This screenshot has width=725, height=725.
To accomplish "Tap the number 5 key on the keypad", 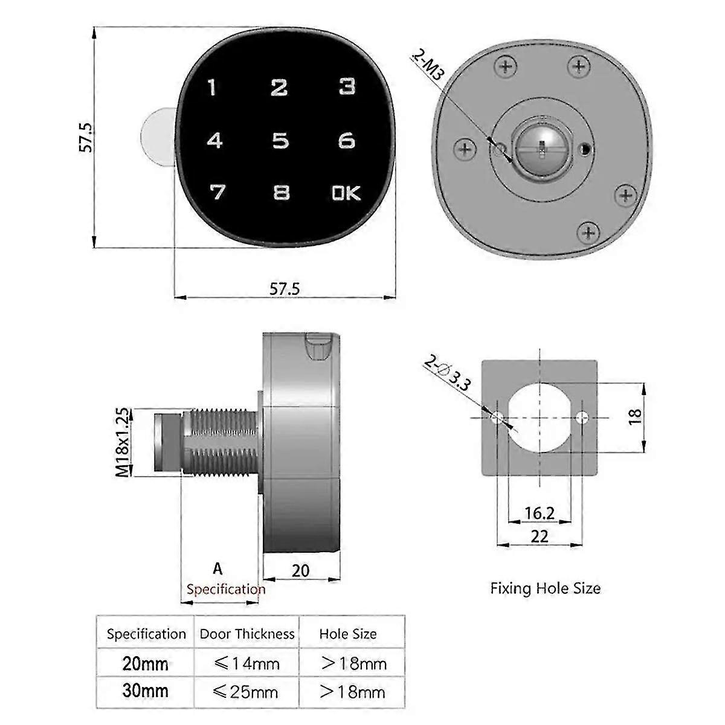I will point(280,141).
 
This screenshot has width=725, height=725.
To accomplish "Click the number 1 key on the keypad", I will point(211,88).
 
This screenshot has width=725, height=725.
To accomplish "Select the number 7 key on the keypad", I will point(216,193).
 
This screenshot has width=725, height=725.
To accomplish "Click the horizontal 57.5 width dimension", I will point(284,289).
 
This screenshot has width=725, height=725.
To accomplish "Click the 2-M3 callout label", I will point(428,66).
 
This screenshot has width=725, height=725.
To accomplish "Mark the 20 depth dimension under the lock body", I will point(300,570).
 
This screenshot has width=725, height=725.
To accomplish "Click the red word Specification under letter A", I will point(225,589).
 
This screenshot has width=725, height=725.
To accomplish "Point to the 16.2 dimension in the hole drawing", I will point(539,513).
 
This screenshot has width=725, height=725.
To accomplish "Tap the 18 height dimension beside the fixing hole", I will point(634,417).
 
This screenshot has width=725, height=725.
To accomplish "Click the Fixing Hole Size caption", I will point(545,588).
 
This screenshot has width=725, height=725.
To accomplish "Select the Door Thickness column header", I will point(246,634).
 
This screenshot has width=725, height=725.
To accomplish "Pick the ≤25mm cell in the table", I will point(246,691).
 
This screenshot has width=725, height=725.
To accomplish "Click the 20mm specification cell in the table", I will point(145,663).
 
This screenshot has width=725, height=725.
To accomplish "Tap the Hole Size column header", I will point(348,634).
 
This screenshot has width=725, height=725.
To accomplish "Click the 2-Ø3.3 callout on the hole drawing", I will point(447,375).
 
